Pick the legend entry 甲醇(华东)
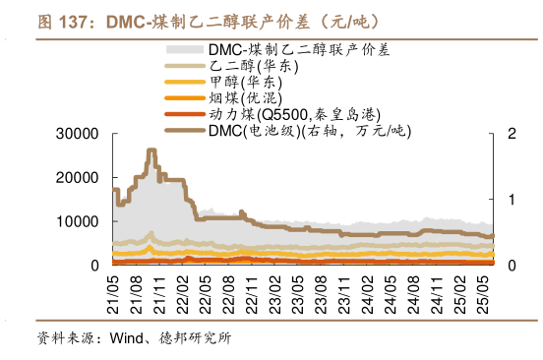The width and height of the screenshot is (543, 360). pyautogui.click(x=245, y=82)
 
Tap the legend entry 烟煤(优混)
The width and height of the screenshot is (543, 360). pyautogui.click(x=245, y=98)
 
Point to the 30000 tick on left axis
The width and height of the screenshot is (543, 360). pyautogui.click(x=81, y=134)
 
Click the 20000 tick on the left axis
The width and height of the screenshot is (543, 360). pyautogui.click(x=81, y=177)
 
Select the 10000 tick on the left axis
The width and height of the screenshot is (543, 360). pyautogui.click(x=81, y=221)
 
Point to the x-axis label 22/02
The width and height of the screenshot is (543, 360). pyautogui.click(x=184, y=291)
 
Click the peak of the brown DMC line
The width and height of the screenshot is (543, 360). pyautogui.click(x=151, y=150)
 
